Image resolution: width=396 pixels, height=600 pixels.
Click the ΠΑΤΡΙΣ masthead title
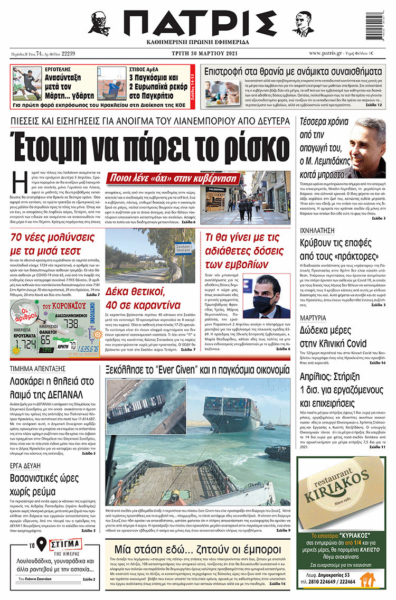[x=199, y=23]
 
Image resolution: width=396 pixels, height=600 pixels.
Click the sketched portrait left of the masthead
[x=99, y=23]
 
